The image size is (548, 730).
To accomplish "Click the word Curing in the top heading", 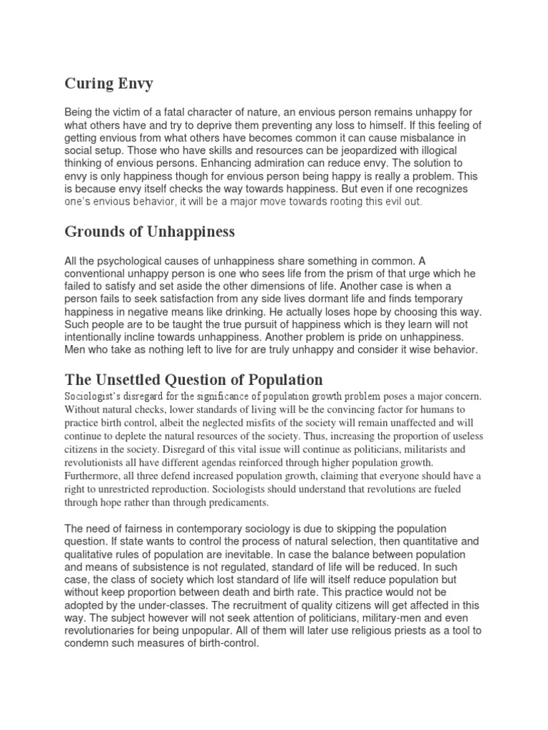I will (x=88, y=84).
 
